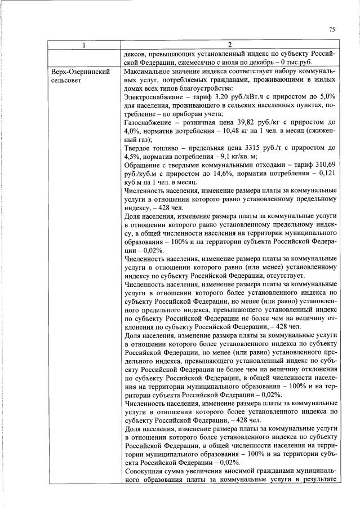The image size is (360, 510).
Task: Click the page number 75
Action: (331, 30)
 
